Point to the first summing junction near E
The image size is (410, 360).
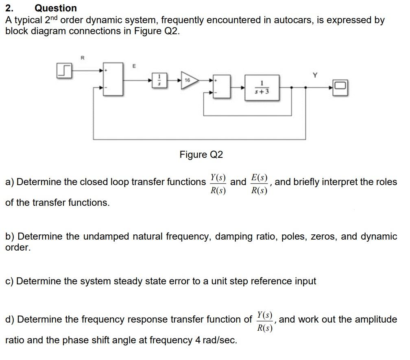pos(113,79)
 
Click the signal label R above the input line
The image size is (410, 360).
pos(83,58)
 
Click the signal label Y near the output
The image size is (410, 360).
pos(314,75)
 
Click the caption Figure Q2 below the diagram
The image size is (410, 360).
pos(201,155)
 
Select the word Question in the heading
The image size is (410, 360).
pos(56,8)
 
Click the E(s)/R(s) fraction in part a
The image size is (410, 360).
pos(259,184)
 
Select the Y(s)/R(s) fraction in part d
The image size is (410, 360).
pos(264,321)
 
